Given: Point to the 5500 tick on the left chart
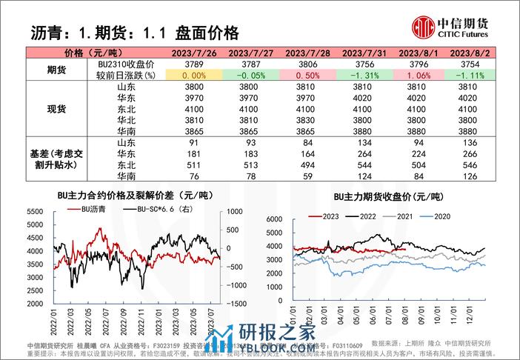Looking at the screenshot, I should (x=36, y=212).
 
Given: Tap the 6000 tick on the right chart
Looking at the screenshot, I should (x=275, y=220).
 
